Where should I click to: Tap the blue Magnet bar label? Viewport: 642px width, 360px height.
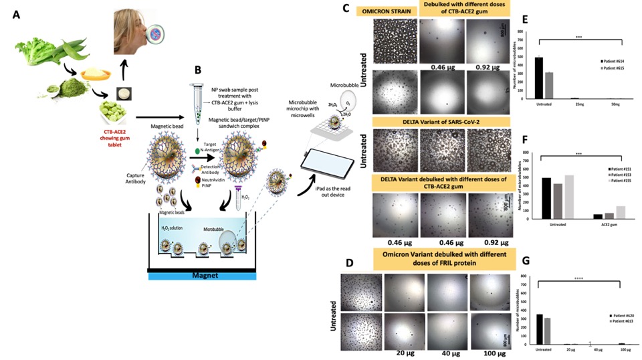(x=201, y=275)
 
